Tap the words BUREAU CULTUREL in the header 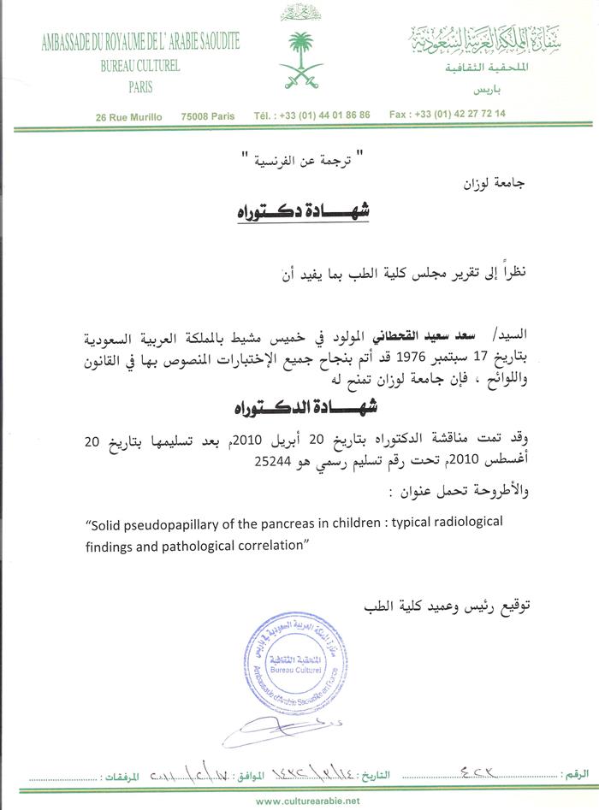139,66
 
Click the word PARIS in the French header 140,86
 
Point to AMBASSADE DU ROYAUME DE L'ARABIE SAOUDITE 140,42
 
